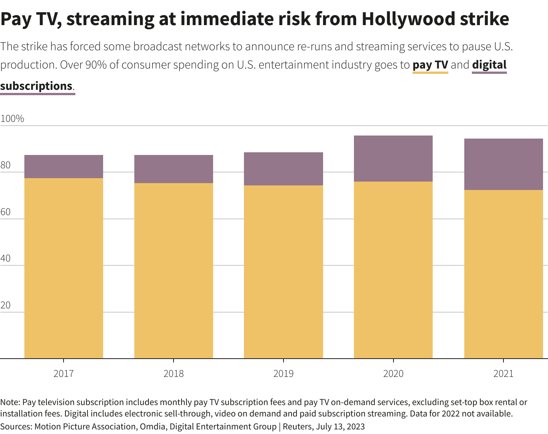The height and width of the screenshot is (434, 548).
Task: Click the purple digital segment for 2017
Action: (64, 166)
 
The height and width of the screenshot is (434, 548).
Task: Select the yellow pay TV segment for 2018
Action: (174, 271)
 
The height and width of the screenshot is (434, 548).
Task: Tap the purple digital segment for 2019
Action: (284, 169)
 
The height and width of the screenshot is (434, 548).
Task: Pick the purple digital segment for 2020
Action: (393, 158)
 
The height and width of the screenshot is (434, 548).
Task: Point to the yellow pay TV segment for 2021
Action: (503, 274)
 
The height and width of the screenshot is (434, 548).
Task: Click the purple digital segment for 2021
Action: (503, 164)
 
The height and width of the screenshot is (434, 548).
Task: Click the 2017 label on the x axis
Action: (64, 373)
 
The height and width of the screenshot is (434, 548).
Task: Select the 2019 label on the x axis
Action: (284, 373)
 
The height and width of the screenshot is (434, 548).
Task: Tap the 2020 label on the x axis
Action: (393, 373)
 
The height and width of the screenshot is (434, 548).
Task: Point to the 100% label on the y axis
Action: (12, 119)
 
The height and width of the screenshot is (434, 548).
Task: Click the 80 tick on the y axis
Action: (5, 166)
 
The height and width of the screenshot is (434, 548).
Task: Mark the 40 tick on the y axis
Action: (5, 259)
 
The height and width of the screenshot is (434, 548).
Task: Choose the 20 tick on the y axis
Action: (5, 306)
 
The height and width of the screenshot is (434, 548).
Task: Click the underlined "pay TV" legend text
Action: (430, 65)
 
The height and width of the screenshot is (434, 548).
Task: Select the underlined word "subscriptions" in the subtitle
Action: (37, 86)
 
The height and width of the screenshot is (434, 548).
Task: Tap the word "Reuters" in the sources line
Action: (298, 427)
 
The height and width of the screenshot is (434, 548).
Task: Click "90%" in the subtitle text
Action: (96, 65)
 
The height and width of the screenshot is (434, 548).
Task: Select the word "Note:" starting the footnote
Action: (10, 402)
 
